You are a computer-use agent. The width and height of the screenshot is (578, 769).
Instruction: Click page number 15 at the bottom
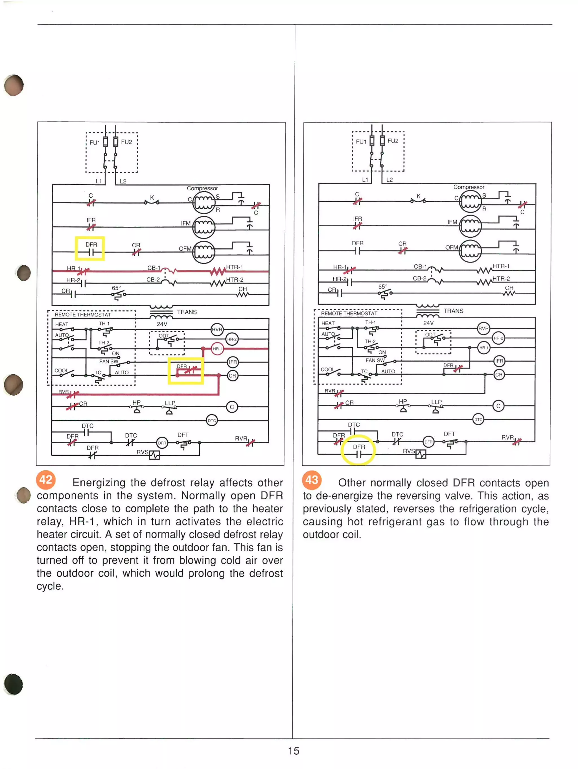point(293,751)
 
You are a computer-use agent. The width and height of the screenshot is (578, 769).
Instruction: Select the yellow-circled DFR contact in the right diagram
point(358,450)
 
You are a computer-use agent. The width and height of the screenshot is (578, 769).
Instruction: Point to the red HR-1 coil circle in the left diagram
point(217,349)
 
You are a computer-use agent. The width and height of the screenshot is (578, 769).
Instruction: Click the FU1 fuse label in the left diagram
point(95,143)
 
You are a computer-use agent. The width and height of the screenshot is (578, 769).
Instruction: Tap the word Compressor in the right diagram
point(468,187)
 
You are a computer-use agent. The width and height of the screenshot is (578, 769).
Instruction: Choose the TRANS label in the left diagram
point(187,312)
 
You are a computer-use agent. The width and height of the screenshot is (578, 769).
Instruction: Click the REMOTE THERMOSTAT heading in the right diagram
point(349,313)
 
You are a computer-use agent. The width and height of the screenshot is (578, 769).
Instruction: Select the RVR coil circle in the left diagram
point(217,329)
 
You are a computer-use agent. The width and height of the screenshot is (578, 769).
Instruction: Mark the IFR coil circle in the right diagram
point(499,361)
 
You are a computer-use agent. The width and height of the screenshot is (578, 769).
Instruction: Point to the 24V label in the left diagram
point(162,324)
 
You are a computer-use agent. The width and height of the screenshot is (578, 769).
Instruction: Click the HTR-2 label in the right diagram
point(501,278)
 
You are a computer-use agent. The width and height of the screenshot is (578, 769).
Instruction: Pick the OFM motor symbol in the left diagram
point(204,252)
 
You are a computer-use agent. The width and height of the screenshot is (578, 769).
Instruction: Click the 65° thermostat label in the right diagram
point(382,287)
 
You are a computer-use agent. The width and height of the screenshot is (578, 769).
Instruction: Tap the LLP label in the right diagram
point(436,402)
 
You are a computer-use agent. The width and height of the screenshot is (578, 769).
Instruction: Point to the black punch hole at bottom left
point(14,684)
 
